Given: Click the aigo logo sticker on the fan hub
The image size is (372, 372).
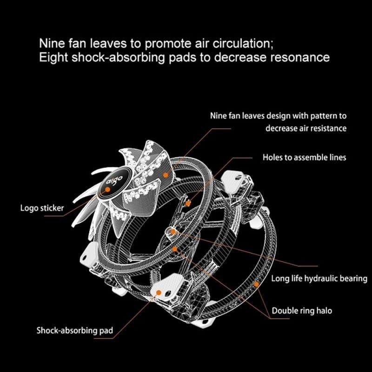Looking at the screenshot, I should coord(112,184).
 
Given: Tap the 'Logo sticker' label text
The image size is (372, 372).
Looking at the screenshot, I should coord(42,208).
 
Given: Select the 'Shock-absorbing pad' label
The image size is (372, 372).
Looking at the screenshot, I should coord(74,331).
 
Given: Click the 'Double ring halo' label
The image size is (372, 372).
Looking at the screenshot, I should coord(302,310).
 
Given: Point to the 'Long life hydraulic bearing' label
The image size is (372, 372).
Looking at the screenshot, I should coord(319,279).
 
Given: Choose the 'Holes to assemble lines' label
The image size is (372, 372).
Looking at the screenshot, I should coord(304,157).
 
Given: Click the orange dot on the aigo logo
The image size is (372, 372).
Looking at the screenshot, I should coord(107,189).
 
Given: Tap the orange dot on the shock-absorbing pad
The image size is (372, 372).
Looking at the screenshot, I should coord(159,292).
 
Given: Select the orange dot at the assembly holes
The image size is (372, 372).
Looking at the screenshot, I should coord(187,203).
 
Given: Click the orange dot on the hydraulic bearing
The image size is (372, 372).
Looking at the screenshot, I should coord(173,231).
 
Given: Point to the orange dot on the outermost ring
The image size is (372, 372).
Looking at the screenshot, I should coord(256,283).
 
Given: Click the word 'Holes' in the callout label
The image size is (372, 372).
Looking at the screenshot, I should coord(272,157).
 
